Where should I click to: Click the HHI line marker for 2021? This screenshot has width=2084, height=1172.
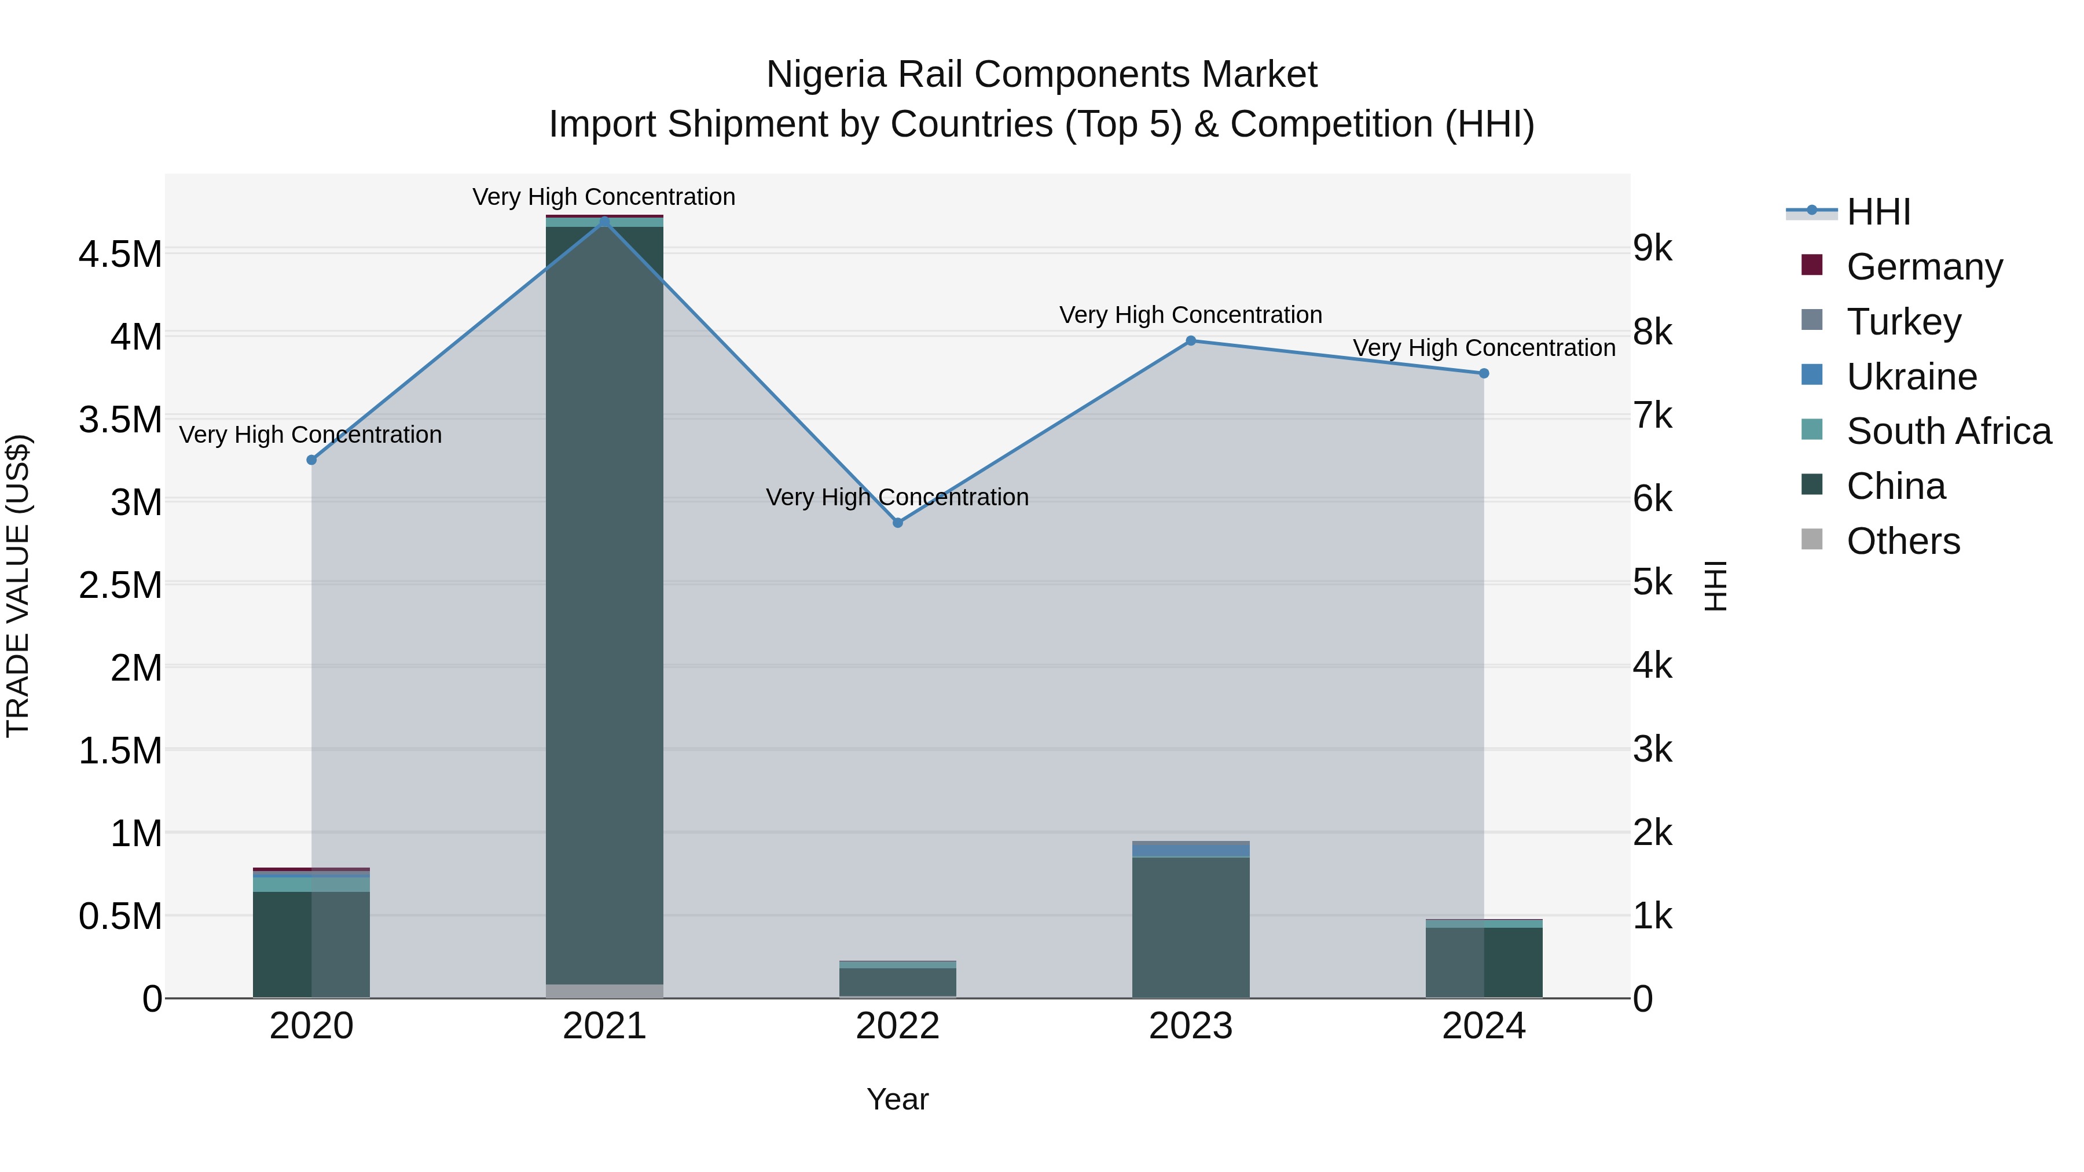coord(604,222)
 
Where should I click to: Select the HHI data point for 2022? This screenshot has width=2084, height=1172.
coord(897,523)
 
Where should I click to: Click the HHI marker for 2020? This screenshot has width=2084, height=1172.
coord(311,460)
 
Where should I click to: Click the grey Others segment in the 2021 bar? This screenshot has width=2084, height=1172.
coord(604,991)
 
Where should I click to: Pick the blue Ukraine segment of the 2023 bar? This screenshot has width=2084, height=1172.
coord(1191,851)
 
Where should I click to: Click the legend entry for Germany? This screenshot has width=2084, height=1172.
coord(1924,266)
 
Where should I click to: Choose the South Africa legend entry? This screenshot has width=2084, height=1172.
coord(1948,431)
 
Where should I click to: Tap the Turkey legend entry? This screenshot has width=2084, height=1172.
coord(1903,321)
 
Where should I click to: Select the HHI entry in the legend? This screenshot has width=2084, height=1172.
coord(1878,212)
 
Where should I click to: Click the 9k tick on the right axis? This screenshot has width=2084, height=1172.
coord(1652,248)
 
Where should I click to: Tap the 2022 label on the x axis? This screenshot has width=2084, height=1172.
coord(897,1026)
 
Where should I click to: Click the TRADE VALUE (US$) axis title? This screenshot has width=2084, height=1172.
coord(18,586)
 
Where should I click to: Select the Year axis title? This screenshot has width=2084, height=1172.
coord(897,1099)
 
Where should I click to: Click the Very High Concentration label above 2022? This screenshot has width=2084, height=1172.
coord(897,497)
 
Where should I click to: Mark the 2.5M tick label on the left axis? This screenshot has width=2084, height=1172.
coord(120,585)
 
